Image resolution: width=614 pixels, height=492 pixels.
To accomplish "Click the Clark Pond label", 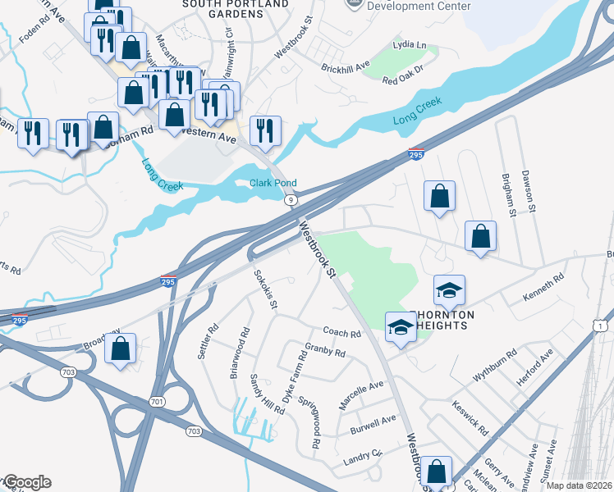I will (x=273, y=183).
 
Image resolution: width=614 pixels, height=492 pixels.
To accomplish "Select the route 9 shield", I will (x=291, y=200).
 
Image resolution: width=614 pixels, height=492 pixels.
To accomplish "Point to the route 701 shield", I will (x=158, y=402).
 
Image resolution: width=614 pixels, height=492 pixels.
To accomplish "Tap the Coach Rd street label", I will (x=342, y=334).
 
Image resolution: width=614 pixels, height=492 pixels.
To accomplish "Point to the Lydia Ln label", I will (x=410, y=44).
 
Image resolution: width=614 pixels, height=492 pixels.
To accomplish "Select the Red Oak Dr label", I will (x=401, y=80).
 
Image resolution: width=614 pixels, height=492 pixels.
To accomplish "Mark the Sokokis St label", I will (x=265, y=289).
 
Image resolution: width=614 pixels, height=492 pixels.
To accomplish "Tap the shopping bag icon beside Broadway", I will (x=121, y=348).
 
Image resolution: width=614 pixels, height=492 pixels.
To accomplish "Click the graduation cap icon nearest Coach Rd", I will (x=400, y=326).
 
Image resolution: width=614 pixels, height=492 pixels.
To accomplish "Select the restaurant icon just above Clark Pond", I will (x=265, y=130).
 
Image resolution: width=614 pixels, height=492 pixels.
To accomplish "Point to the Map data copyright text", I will (x=578, y=485).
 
